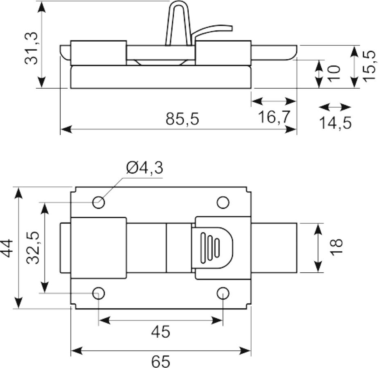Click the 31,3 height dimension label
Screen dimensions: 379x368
point(32,48)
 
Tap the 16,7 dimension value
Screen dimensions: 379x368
point(274,117)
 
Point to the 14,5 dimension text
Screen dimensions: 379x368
point(335,123)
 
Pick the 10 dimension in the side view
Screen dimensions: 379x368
point(334,74)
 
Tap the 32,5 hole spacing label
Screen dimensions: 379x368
point(33,248)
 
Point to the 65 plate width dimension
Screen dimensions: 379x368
point(161,361)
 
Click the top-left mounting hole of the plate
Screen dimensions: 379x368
point(98,202)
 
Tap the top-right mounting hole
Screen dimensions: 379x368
point(223,202)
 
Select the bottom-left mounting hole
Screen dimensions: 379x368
point(98,293)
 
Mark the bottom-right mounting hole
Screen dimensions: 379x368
point(223,293)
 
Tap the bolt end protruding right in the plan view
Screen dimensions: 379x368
point(274,248)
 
